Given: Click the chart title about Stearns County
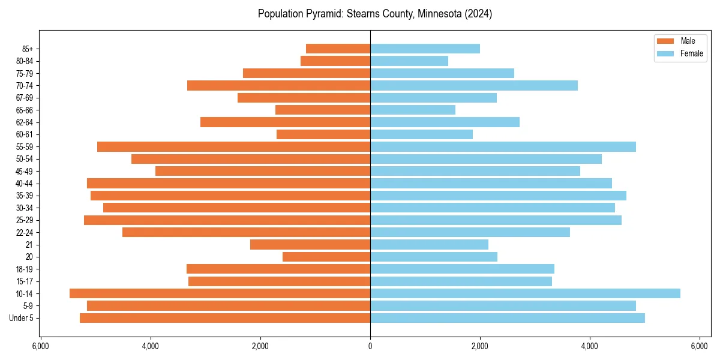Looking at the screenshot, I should click(x=375, y=14).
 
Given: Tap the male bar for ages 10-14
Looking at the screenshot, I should click(x=220, y=293).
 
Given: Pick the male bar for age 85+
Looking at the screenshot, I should click(x=338, y=49).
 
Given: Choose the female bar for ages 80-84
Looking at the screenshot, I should click(x=409, y=61).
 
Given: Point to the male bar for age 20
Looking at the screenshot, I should click(x=326, y=257).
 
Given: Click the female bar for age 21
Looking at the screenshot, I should click(x=429, y=244).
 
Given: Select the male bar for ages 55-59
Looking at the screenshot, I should click(x=233, y=146).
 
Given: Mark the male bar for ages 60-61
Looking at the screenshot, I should click(x=323, y=134).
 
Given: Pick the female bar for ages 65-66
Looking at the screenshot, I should click(x=413, y=110).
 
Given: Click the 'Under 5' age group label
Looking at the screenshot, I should click(x=21, y=318).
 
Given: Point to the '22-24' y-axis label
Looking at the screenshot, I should click(x=25, y=232).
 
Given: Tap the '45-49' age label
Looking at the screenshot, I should click(x=25, y=171).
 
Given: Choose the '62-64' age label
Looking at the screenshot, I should click(x=25, y=122).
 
